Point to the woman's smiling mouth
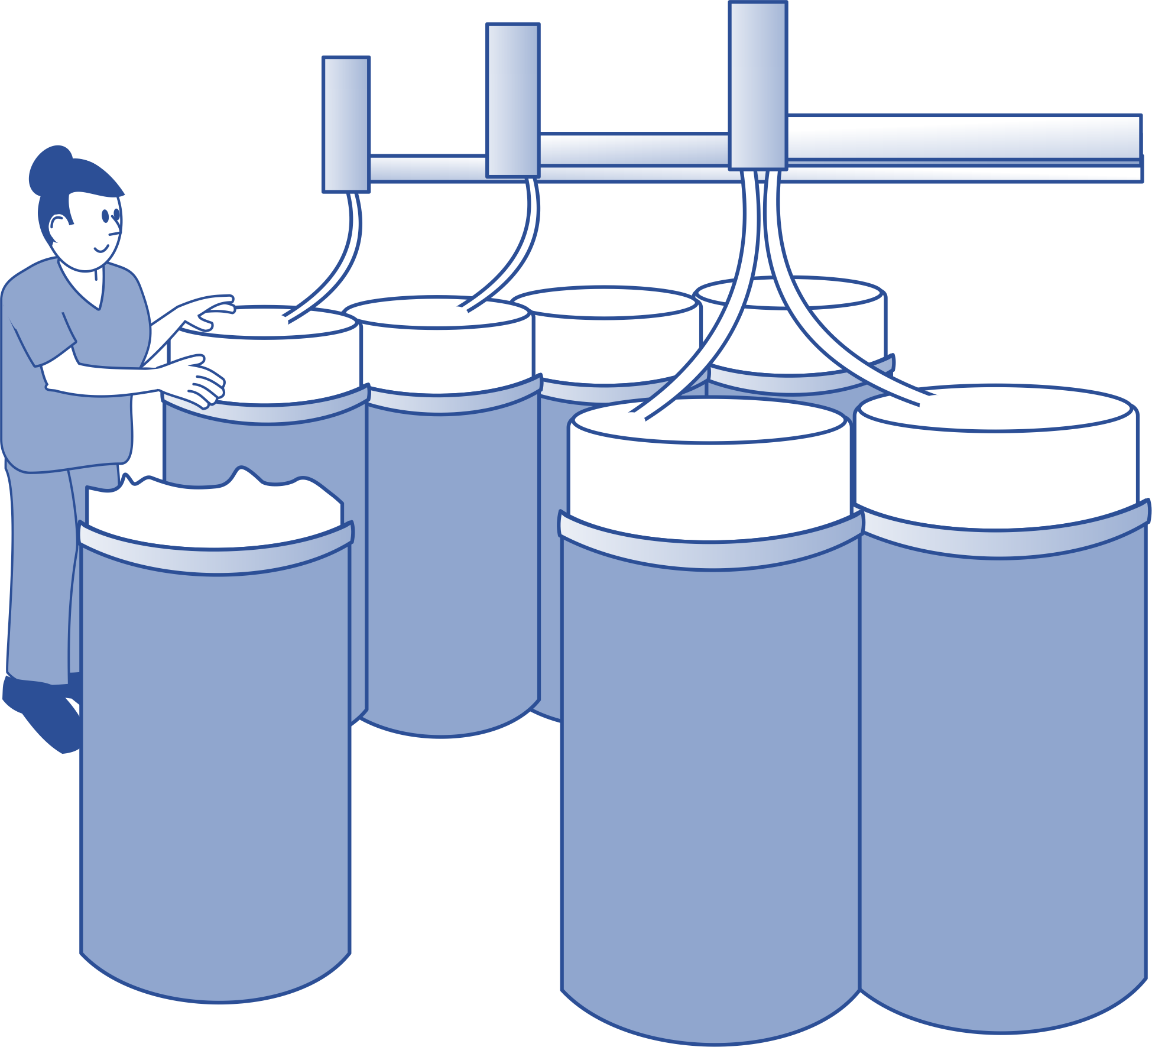pos(102,248)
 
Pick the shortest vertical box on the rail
pos(346,124)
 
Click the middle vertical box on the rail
pos(512,101)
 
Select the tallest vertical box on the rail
pos(758,86)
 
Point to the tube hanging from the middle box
pos(520,248)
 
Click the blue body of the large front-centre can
pos(709,769)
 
